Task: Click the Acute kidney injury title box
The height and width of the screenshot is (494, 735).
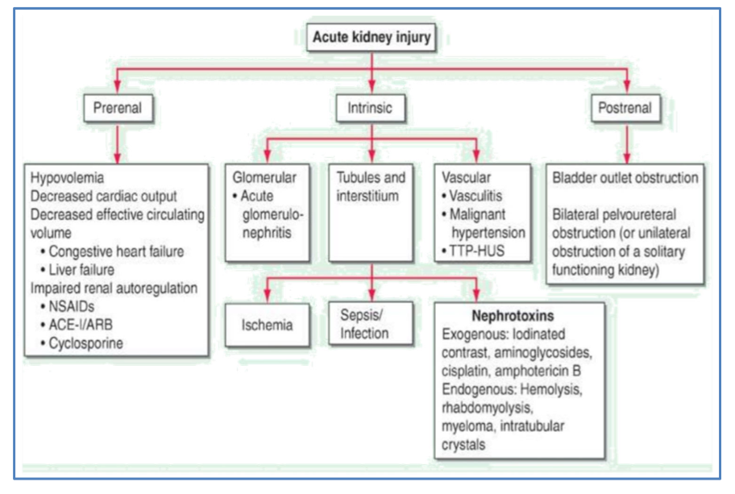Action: click(372, 37)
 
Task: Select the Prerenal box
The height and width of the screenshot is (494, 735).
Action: click(118, 107)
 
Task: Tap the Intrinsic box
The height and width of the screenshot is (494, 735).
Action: click(372, 107)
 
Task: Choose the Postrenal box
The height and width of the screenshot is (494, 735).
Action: click(625, 107)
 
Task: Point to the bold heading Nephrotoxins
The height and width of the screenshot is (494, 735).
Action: click(517, 317)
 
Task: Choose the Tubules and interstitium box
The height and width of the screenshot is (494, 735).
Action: click(371, 187)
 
